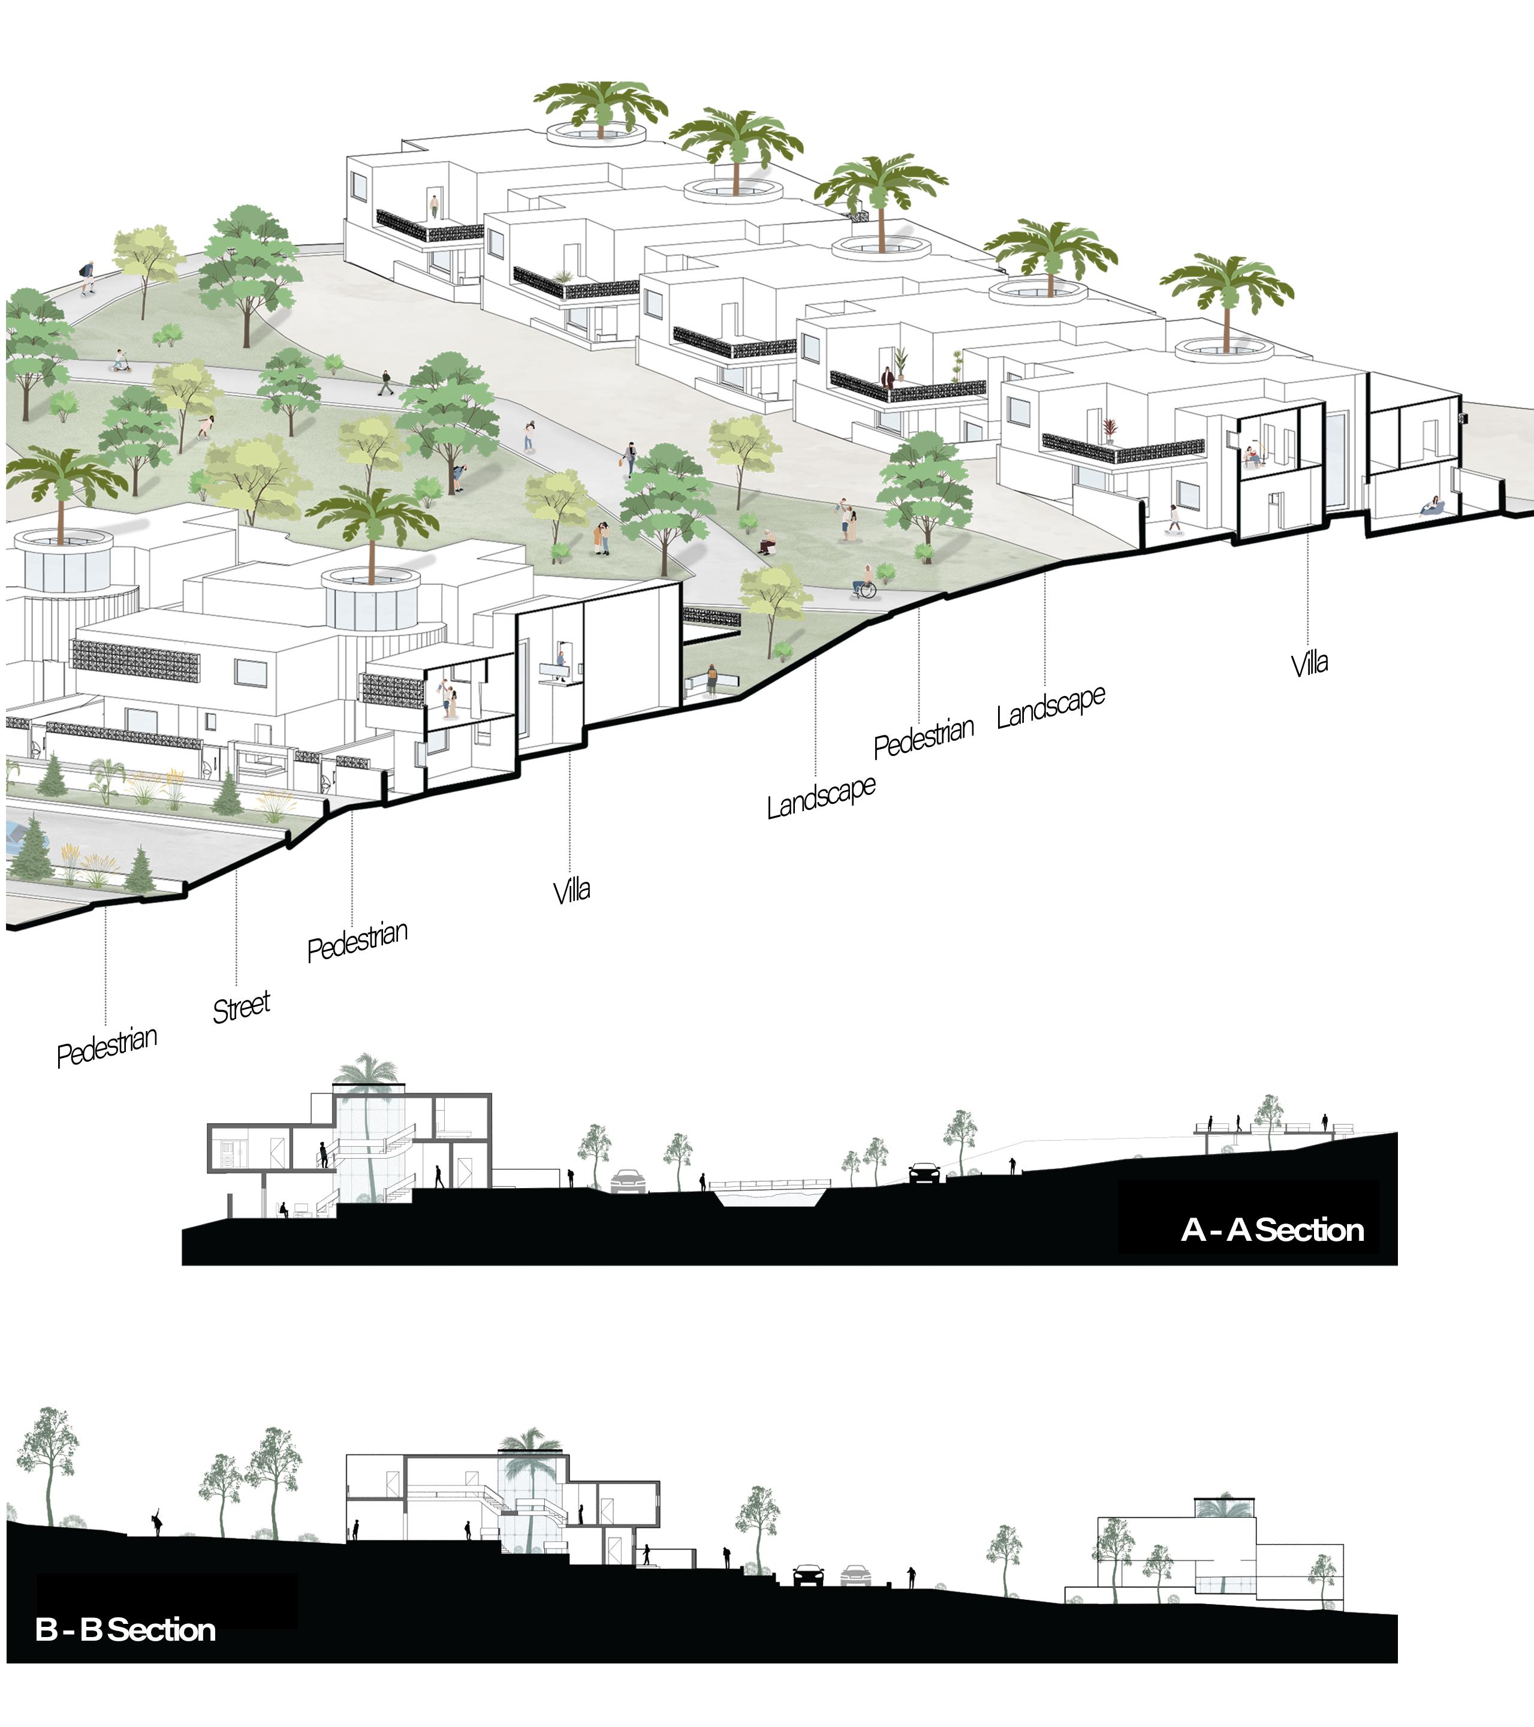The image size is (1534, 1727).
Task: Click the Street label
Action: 241,1007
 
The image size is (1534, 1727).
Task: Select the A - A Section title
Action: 1272,1230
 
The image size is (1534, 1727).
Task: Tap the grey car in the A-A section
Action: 627,1180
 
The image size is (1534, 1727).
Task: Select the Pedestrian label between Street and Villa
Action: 357,941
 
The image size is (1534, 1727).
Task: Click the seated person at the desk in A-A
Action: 285,1209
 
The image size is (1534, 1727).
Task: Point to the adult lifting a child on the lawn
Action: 846,518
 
